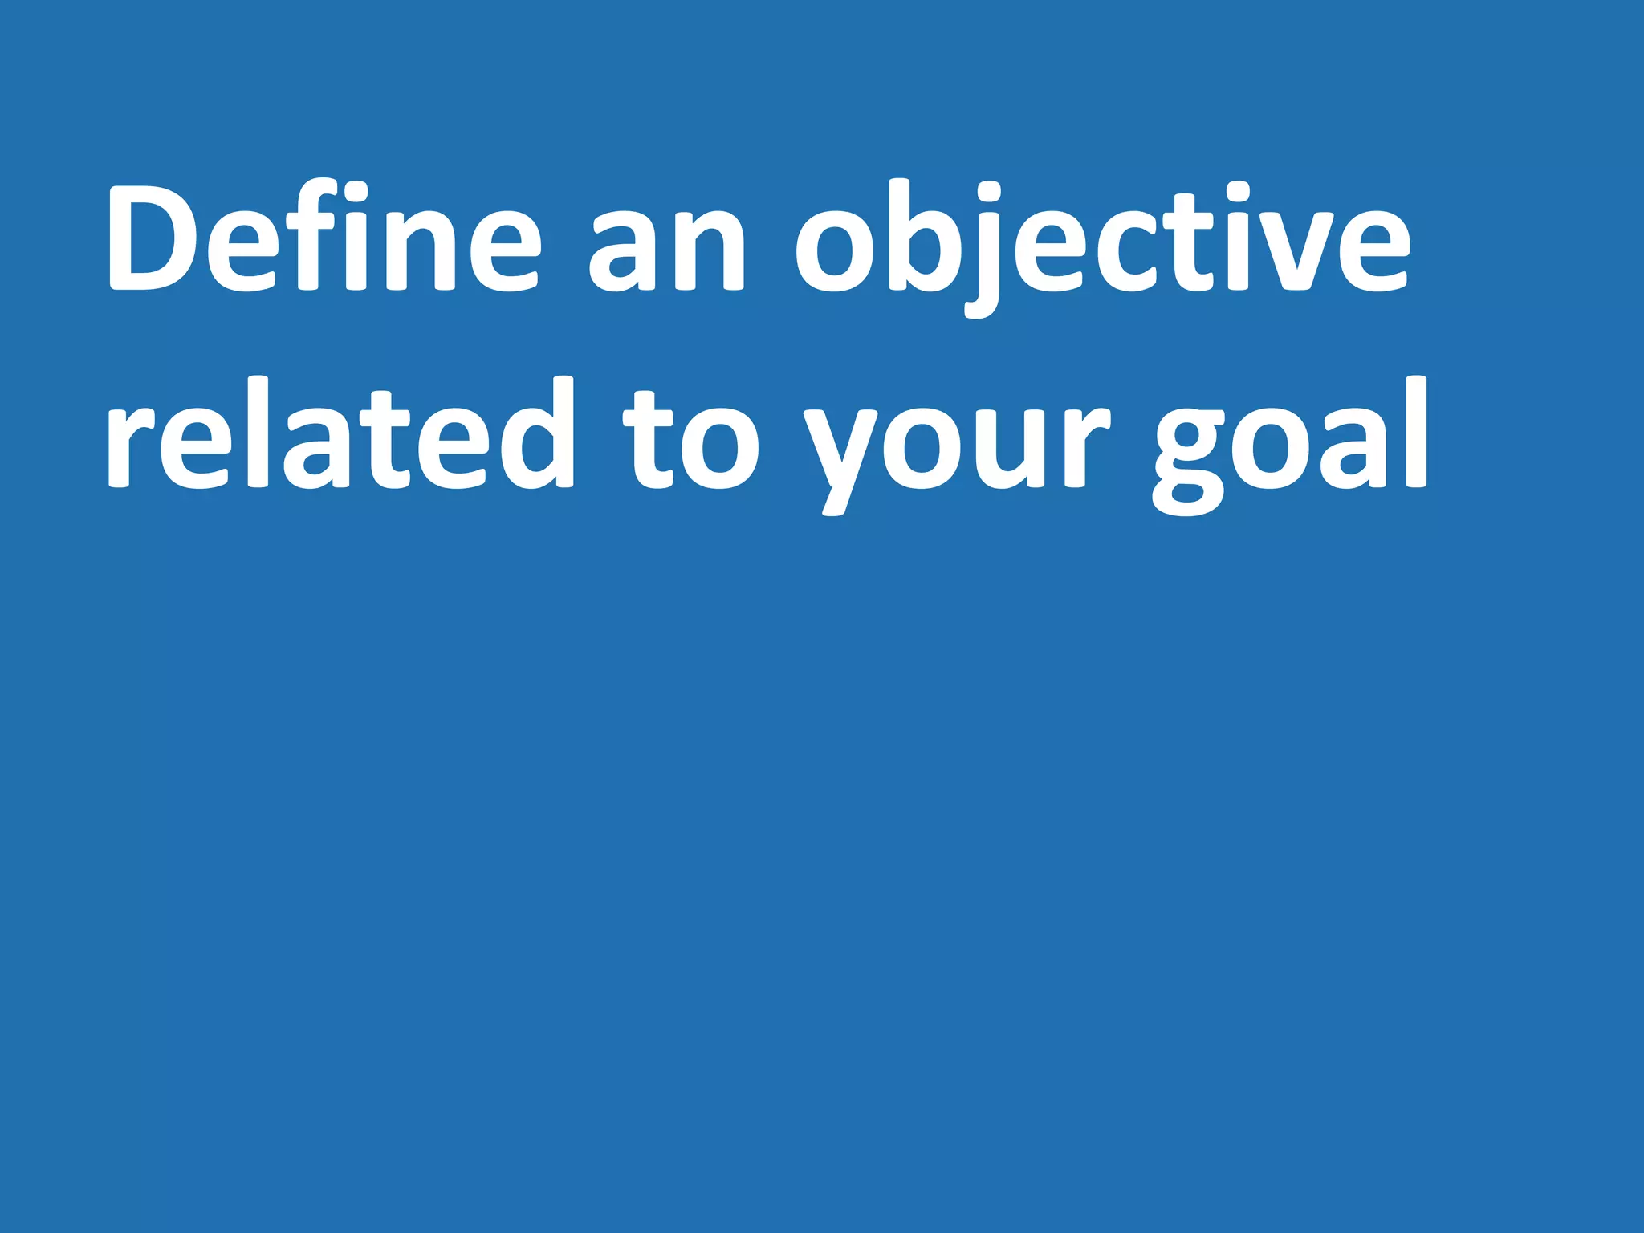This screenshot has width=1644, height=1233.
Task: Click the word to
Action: click(x=690, y=442)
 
